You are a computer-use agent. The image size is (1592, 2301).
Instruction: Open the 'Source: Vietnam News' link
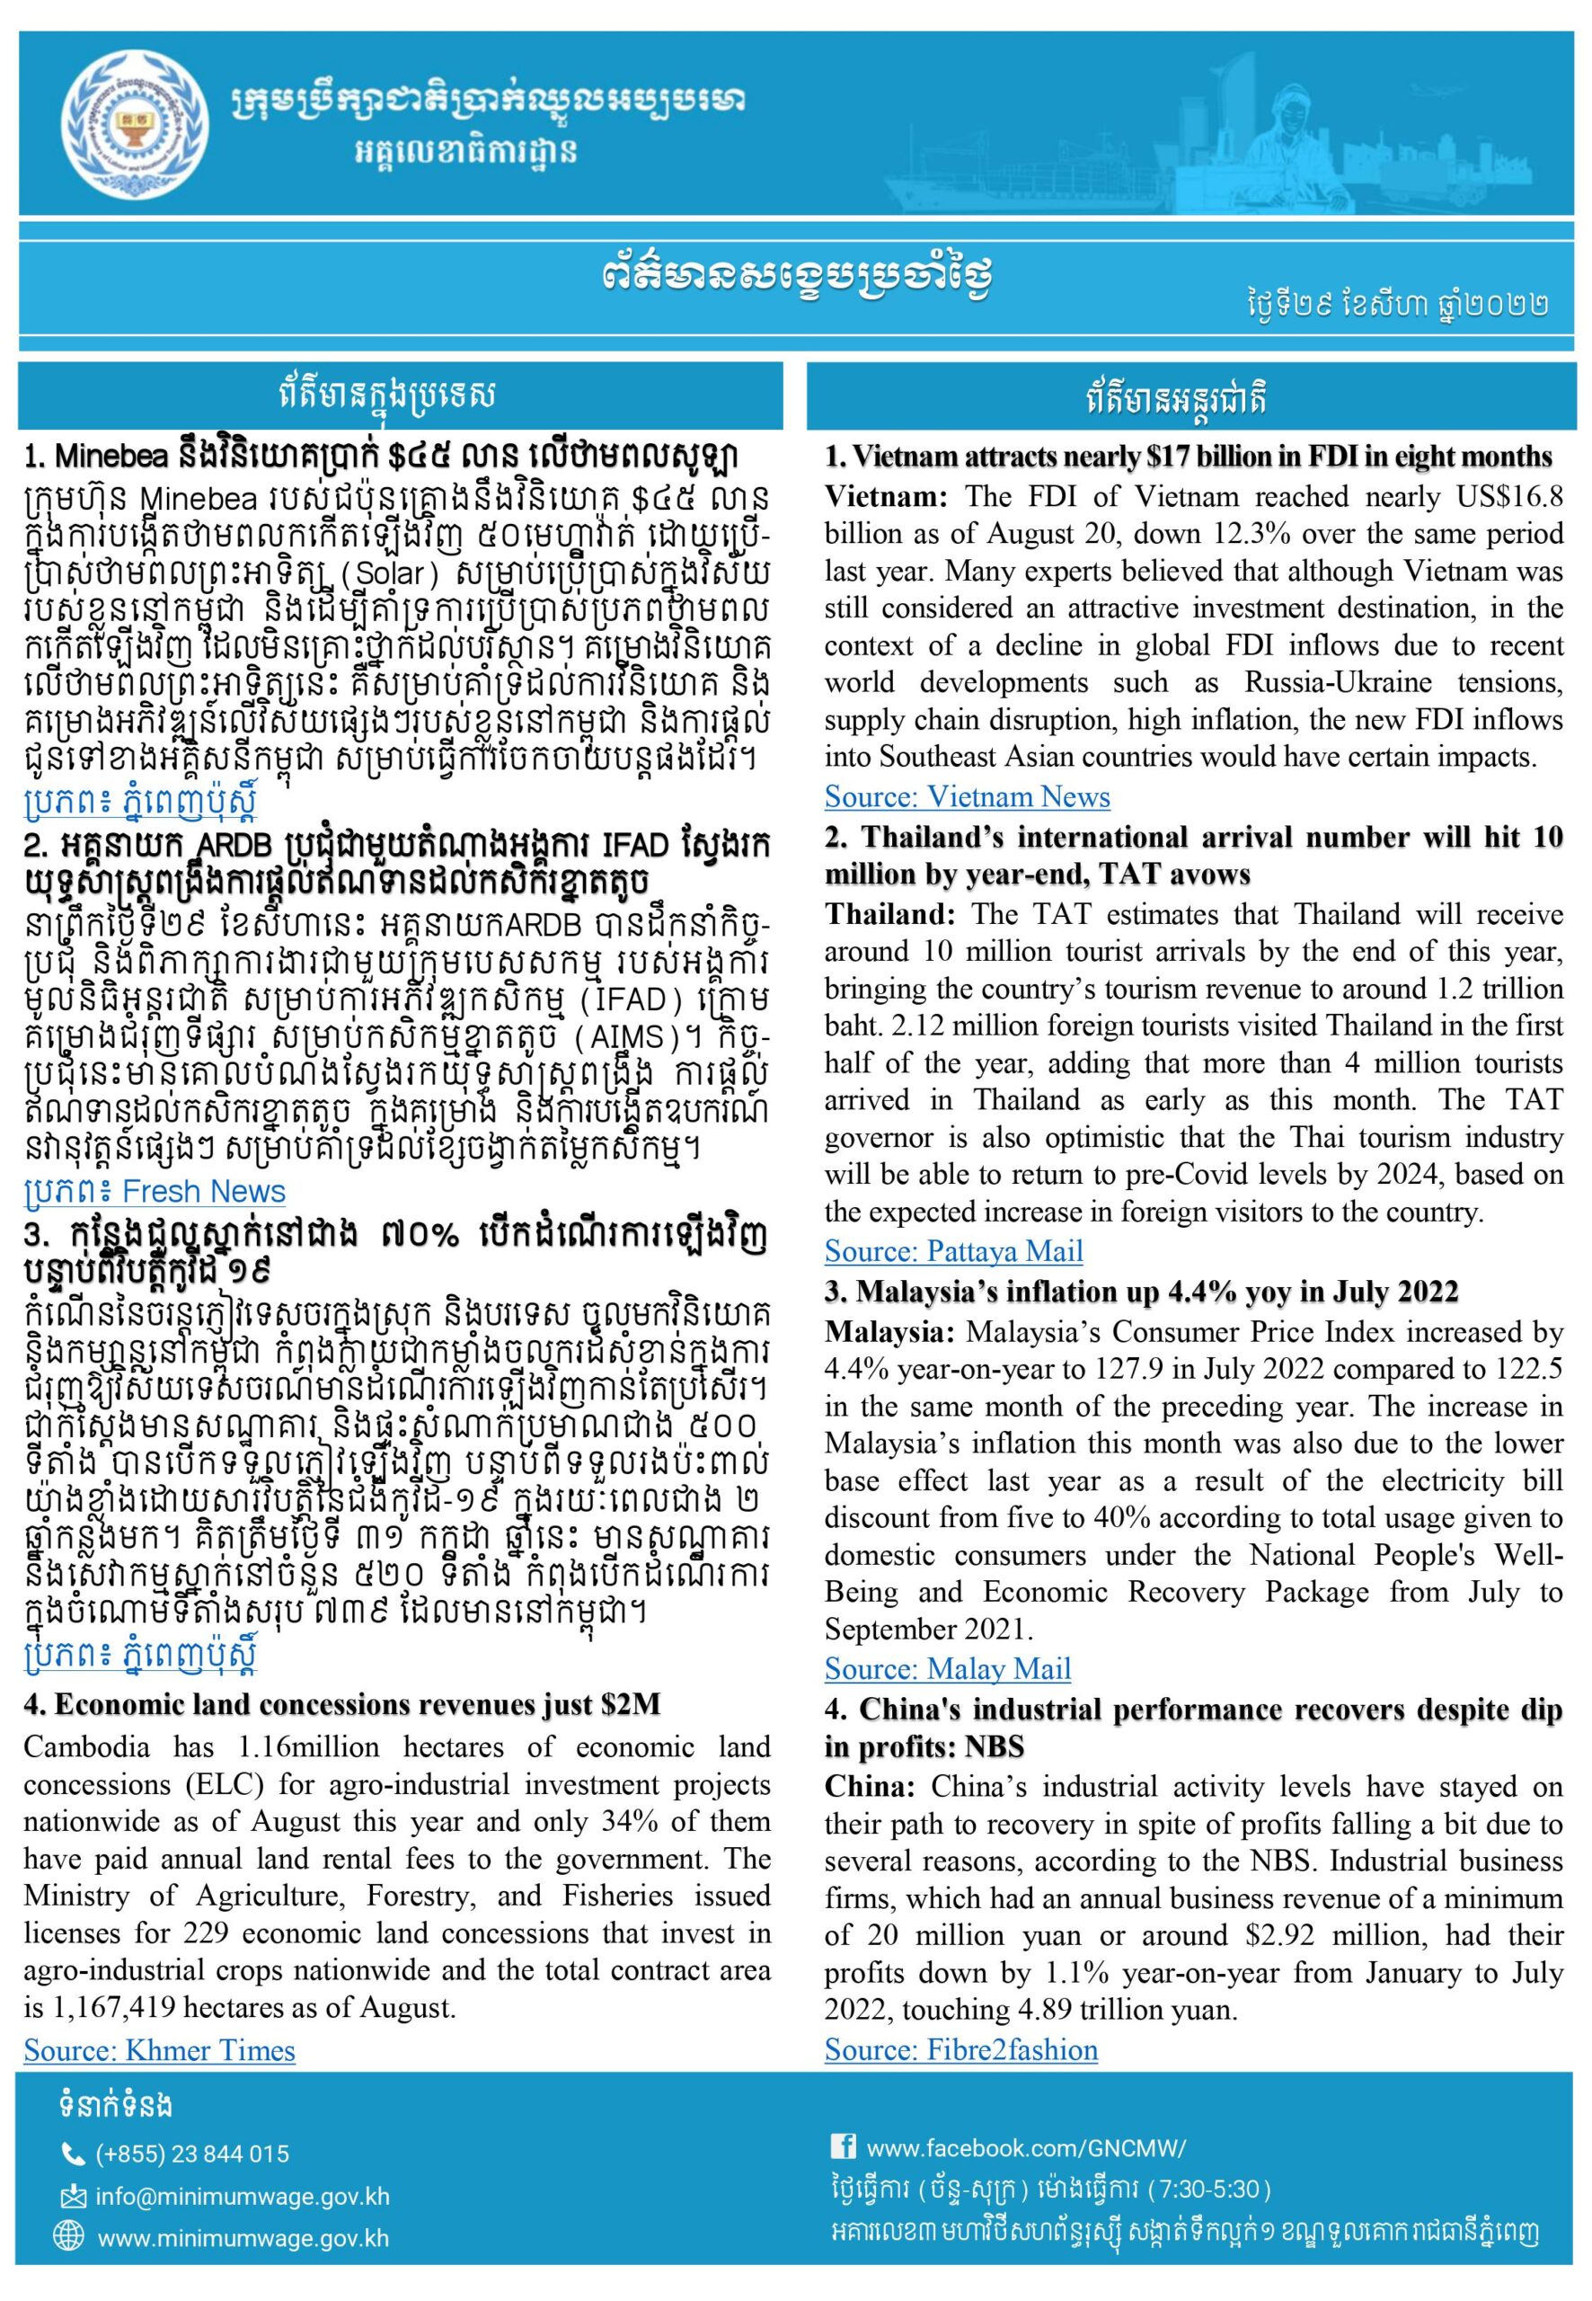coord(967,796)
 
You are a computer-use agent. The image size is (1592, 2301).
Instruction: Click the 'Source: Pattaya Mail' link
coord(952,1250)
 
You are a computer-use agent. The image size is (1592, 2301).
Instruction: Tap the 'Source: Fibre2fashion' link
coord(960,2049)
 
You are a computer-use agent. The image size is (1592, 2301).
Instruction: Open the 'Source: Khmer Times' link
coord(160,2050)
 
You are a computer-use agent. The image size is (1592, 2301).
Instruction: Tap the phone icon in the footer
coord(73,2154)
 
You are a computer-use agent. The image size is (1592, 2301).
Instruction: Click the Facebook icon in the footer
coord(842,2146)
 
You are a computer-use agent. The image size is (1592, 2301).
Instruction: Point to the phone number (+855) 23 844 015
coord(192,2154)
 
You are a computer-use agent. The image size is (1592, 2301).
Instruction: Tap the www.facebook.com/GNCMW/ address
coord(1025,2147)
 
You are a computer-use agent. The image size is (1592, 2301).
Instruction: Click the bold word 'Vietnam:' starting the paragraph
coord(885,498)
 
